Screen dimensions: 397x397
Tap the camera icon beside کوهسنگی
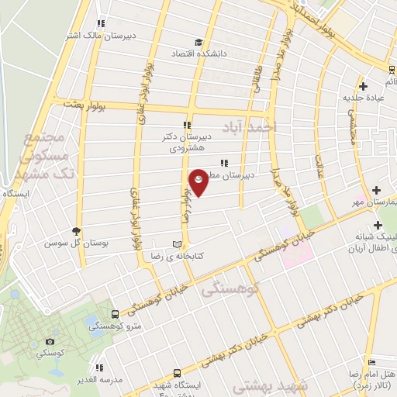click(x=50, y=341)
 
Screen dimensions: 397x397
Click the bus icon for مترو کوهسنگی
click(x=116, y=314)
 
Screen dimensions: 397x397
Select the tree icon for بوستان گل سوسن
click(x=77, y=230)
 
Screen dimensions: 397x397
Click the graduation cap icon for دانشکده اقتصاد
click(x=198, y=43)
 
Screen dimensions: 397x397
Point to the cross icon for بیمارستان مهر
click(x=377, y=190)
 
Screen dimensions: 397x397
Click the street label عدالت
click(x=319, y=165)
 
